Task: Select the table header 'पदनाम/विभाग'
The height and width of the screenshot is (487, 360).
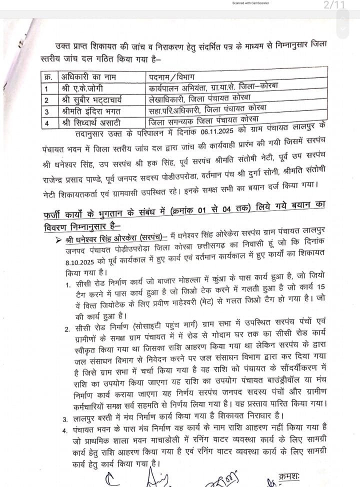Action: [x=173, y=77]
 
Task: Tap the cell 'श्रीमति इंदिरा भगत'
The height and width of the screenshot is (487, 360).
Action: [x=82, y=110]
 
